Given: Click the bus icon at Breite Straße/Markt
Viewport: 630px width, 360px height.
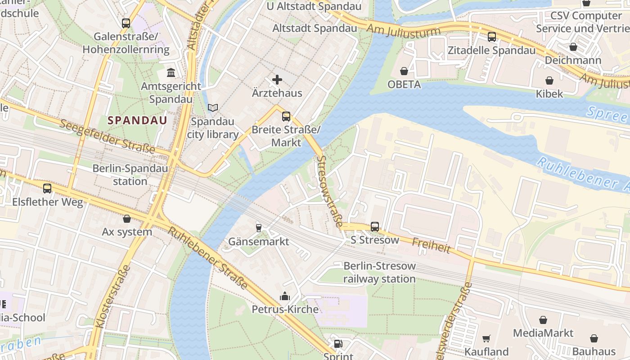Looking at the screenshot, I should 286,117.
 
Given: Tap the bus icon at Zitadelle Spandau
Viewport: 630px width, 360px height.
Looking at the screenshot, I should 492,37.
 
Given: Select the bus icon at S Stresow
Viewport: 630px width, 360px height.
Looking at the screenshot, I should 375,226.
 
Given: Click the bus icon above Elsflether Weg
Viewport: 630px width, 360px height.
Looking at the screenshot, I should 47,189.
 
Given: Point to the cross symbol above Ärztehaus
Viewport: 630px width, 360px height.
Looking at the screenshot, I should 277,80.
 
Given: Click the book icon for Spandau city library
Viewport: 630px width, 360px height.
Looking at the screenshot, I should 213,108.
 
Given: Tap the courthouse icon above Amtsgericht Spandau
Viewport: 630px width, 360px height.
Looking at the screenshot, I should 171,72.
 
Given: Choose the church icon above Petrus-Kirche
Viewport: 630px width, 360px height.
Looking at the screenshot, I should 285,296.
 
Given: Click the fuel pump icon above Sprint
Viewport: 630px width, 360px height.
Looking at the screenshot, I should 338,344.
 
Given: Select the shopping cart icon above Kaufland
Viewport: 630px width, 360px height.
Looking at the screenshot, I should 486,338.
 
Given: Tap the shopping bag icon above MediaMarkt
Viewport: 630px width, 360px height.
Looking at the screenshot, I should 543,320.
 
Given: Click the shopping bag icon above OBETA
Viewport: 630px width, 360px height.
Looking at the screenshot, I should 404,71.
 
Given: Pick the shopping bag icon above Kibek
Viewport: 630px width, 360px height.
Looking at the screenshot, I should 549,81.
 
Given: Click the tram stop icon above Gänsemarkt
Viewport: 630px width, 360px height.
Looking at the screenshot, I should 258,228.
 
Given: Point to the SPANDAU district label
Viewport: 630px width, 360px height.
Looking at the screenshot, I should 137,120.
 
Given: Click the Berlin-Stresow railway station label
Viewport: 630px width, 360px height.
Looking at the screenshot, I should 379,272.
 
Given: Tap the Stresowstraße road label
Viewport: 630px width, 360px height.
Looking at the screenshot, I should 330,191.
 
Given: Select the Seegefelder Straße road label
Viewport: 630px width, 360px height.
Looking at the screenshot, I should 107,136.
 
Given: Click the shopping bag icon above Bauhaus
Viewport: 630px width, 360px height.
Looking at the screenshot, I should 594,338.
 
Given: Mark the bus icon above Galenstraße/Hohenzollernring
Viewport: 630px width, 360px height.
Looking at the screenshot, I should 126,23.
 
